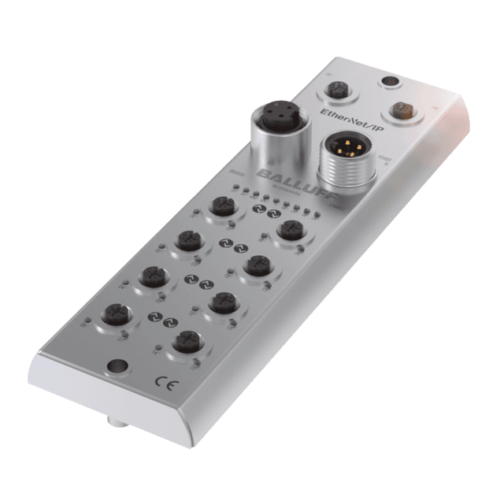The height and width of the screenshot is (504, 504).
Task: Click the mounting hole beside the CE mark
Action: (117, 366)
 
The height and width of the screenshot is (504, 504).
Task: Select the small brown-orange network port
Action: (404, 109)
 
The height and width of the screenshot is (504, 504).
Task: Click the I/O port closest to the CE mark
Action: (187, 340)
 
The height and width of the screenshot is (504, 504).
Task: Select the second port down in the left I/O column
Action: (188, 240)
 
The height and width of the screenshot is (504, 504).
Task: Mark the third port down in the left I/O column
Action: (151, 275)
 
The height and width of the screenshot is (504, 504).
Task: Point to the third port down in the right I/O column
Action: (223, 302)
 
